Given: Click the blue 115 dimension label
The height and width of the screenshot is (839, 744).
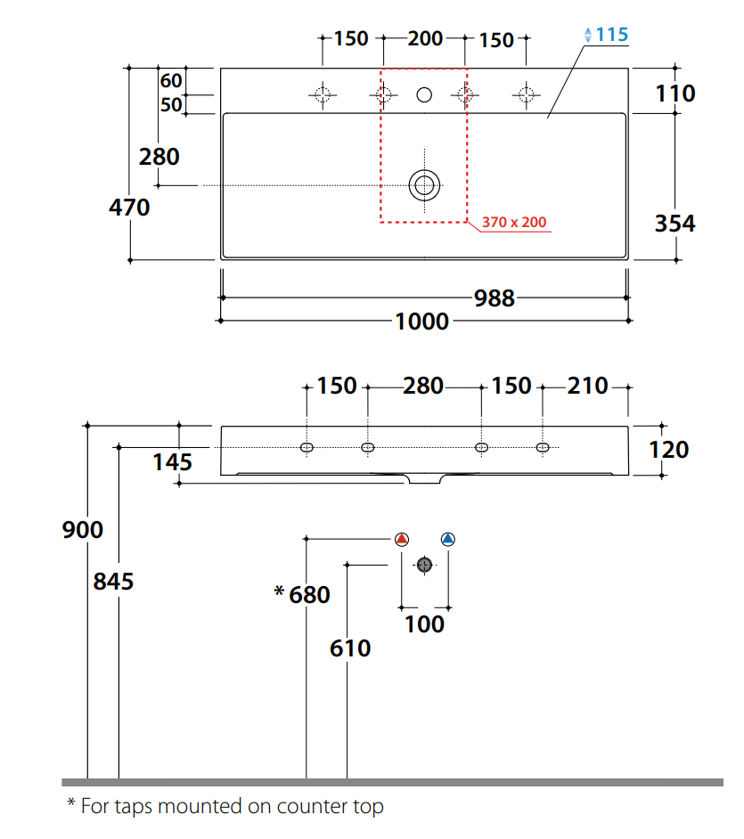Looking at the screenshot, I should coord(611,35).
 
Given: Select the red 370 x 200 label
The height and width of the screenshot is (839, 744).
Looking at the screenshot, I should coord(514,222).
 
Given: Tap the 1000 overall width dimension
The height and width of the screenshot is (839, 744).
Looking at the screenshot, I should coord(422,321).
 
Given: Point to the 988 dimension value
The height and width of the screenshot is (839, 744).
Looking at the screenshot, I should coord(494,297).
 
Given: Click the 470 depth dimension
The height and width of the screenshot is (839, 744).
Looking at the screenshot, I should coord(129,208).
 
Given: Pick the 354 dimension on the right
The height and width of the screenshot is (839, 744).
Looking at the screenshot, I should coord(675,224).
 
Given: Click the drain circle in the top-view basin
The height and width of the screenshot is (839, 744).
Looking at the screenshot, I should coord(424,185).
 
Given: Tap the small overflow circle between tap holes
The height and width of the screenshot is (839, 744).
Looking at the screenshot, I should coord(424,94).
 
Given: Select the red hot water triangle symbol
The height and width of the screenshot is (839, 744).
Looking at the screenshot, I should coord(401,539).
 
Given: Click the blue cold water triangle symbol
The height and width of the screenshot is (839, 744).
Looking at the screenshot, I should coord(447,539).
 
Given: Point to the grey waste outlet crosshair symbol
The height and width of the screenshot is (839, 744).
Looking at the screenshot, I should coord(424,565).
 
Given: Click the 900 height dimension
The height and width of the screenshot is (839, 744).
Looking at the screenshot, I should coord(83,530).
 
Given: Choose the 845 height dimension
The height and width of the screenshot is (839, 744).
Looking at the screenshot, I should coord(113,582).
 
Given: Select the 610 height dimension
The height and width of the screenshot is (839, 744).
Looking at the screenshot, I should coord(350,648).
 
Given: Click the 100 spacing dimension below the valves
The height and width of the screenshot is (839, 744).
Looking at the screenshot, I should coord(424,624).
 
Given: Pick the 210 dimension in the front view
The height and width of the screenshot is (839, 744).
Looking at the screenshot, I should coord(588,387).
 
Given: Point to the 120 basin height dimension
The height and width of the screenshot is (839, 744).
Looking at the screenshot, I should coord(669,450).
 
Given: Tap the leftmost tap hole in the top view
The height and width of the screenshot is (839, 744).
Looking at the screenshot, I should coord(322,94).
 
